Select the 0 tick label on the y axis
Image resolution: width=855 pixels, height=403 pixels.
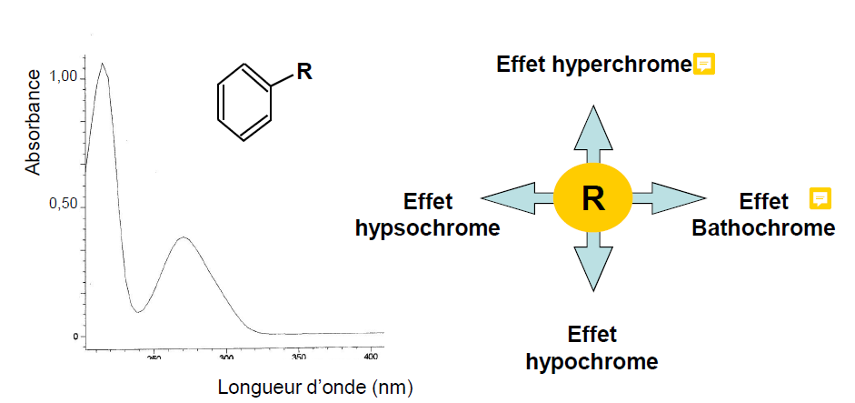click(x=75, y=338)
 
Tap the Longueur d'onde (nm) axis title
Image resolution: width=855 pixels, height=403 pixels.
click(x=315, y=387)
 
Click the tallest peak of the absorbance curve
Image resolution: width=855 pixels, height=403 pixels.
click(x=103, y=64)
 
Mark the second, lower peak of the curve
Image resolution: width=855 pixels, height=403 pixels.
click(x=184, y=237)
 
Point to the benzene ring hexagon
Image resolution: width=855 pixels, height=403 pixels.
click(x=244, y=103)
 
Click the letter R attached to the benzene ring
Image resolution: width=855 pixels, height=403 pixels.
click(x=304, y=72)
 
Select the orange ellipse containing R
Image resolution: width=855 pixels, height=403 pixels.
click(x=592, y=197)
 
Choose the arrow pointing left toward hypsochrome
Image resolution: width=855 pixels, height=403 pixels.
click(x=519, y=197)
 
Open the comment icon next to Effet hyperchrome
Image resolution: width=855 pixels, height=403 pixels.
click(x=704, y=64)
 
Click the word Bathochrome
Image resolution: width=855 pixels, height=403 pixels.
click(x=763, y=227)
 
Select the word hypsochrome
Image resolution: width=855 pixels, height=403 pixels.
click(x=427, y=227)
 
